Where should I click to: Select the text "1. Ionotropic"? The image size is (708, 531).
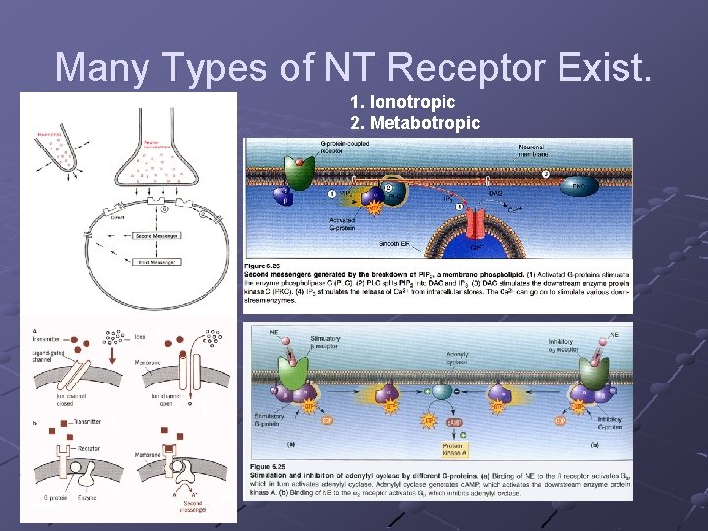[402, 102]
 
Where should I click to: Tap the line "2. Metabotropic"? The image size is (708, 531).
[415, 123]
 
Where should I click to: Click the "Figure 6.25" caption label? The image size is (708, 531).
[264, 265]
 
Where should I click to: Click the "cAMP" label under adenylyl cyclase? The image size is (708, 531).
[454, 422]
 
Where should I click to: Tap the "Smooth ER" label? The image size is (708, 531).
[395, 243]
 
